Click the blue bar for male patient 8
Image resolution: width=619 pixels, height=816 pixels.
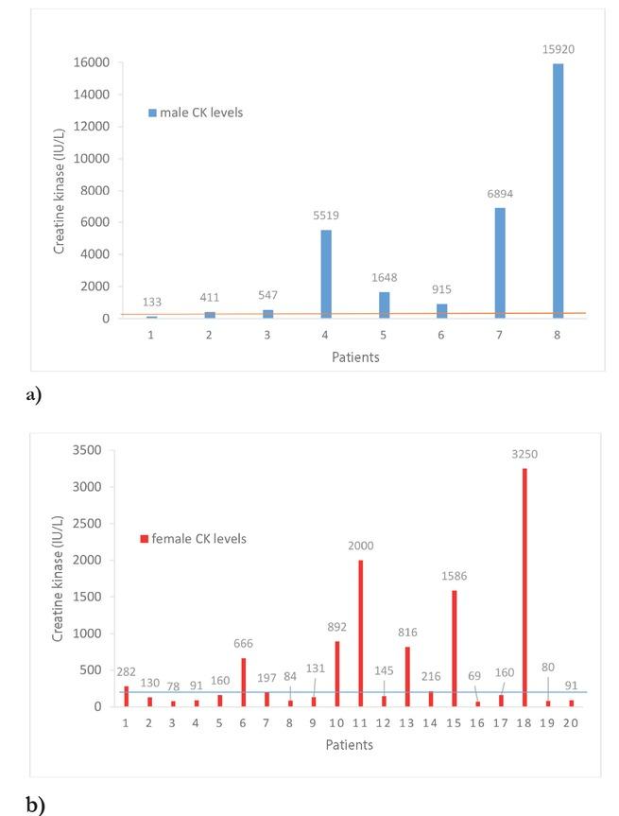pyautogui.click(x=558, y=190)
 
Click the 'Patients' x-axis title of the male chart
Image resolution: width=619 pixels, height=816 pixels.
pyautogui.click(x=353, y=357)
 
